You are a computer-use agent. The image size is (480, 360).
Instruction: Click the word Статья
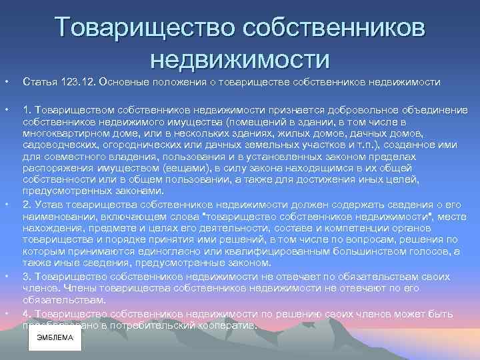coord(38,82)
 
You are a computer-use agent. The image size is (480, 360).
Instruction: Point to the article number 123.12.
coord(76,82)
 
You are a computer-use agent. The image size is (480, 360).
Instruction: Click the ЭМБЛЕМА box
coord(55,338)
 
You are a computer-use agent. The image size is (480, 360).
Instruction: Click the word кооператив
coord(226,326)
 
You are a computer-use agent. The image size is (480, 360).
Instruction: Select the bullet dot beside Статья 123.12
coord(5,82)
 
